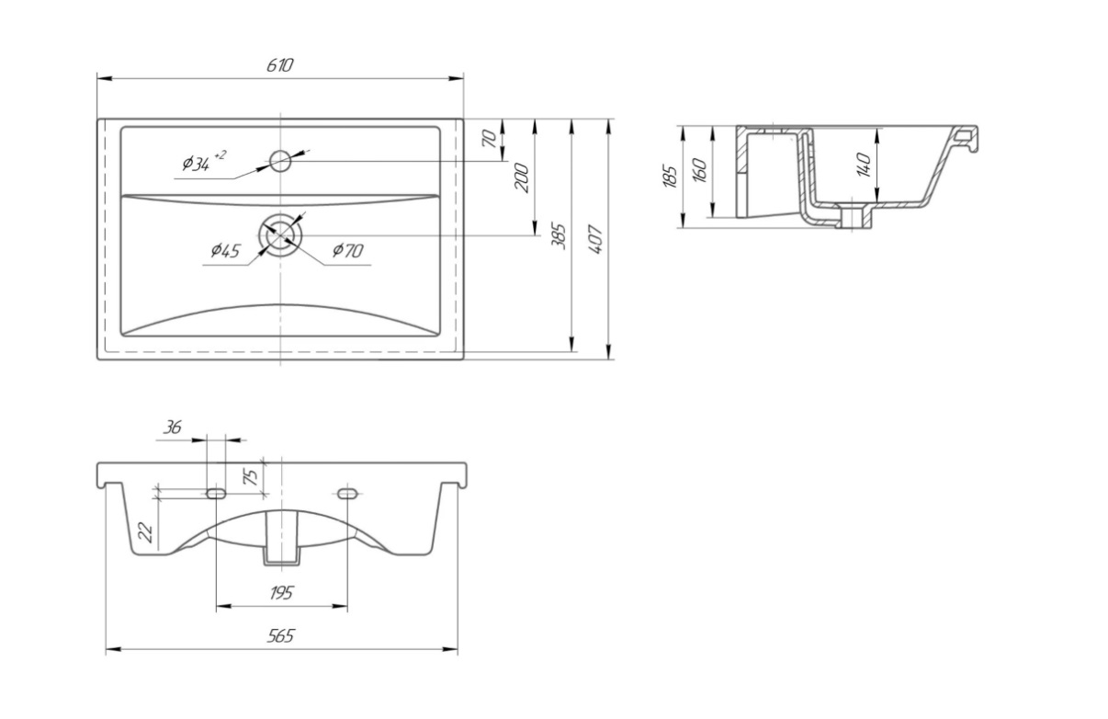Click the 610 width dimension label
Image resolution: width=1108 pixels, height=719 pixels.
[280, 65]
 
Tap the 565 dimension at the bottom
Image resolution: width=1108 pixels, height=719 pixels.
[281, 636]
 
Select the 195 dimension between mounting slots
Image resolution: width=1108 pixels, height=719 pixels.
[281, 593]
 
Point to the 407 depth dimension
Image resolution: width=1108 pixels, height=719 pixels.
[595, 240]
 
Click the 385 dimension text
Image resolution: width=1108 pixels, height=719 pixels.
[559, 236]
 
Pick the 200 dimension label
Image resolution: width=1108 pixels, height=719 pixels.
[522, 177]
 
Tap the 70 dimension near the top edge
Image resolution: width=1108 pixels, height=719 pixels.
[489, 138]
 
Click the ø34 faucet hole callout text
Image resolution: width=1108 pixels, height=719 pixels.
[203, 162]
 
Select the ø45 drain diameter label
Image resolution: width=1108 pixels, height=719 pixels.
[225, 251]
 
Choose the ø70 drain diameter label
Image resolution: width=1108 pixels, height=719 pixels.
[347, 251]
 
